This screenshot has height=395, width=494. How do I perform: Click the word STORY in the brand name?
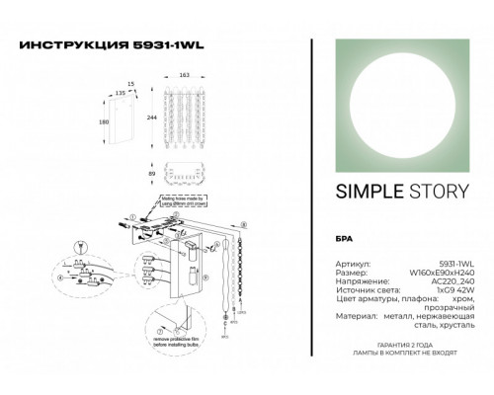click(x=428, y=192)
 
